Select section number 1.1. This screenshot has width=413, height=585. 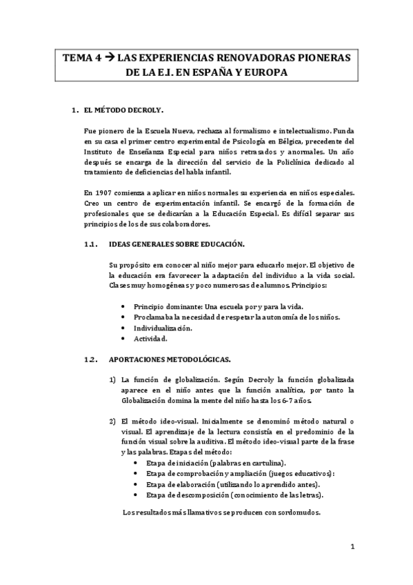[x=90, y=245]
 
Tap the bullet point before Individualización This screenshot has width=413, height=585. [x=123, y=328]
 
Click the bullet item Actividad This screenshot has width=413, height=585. [x=150, y=339]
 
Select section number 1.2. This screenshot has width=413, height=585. [x=90, y=359]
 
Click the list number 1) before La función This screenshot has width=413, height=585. [x=113, y=379]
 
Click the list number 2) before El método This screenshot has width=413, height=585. [x=113, y=421]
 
